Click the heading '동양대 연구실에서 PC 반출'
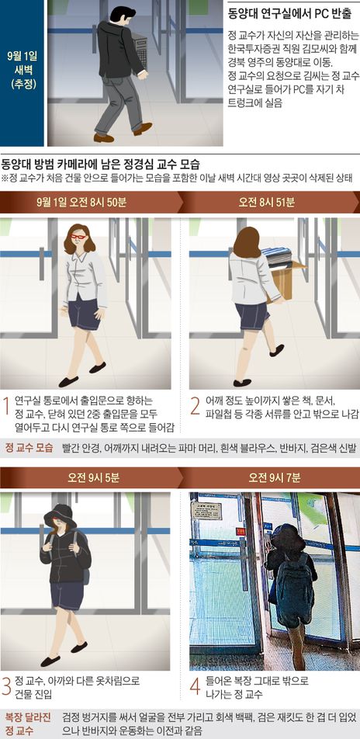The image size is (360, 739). pos(289,14)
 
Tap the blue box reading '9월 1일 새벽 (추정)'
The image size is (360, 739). pos(22,73)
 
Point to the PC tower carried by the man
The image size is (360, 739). pos(140,50)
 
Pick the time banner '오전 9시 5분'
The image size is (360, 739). pos(93,478)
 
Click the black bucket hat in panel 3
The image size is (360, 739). pos(60,515)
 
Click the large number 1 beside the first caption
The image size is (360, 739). pos(7,408)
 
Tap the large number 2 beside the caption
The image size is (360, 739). pos(196,408)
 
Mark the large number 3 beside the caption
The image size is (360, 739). pos(7,687)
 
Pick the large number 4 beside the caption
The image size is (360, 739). pos(196,687)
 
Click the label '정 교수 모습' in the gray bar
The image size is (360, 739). pos(29,447)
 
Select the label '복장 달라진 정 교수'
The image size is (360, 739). pos(28,724)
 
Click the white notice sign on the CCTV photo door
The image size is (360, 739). pos(206,511)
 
